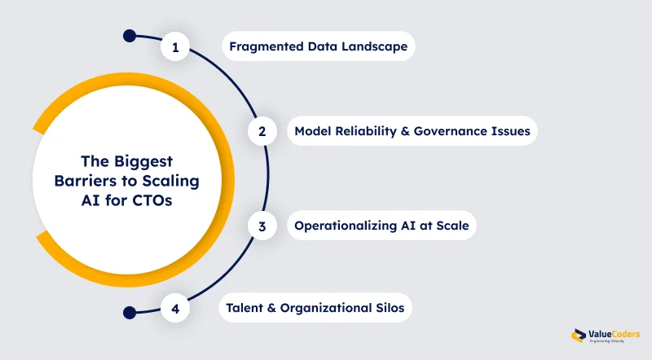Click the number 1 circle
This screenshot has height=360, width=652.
(x=175, y=47)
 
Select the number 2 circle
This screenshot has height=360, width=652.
(x=262, y=130)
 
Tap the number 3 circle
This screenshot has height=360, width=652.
(x=262, y=226)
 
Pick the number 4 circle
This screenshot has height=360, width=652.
(x=175, y=309)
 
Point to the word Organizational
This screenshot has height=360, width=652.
(x=324, y=309)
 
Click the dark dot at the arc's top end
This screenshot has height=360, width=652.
(x=129, y=36)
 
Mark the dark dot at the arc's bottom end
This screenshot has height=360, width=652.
(x=129, y=311)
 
